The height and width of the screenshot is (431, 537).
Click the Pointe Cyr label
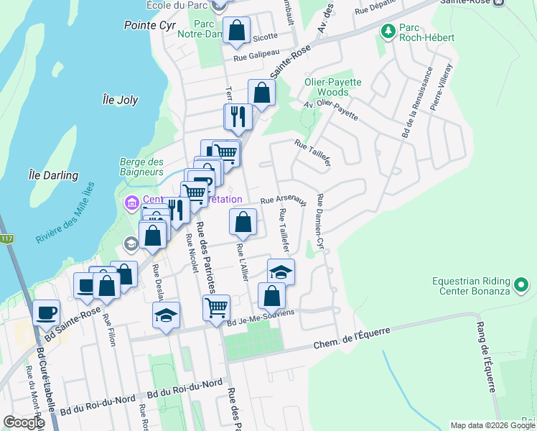point(149,25)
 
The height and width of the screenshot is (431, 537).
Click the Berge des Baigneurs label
point(141,167)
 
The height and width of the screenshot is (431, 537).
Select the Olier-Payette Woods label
point(327,87)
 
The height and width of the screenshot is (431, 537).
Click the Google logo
point(23,422)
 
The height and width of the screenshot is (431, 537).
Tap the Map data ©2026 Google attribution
point(492,425)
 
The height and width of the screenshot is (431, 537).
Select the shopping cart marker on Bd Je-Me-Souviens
point(216,307)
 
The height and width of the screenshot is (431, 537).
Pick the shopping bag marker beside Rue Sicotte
point(235,30)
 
